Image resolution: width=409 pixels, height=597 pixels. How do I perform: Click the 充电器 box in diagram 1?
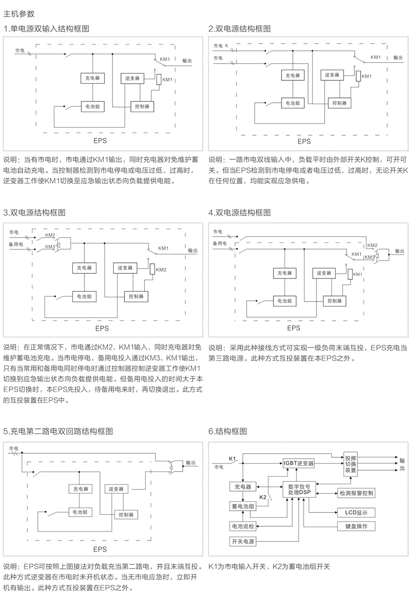click(92, 78)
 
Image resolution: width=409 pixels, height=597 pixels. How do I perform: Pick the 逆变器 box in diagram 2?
click(332, 75)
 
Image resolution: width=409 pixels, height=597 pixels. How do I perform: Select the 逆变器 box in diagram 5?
click(116, 488)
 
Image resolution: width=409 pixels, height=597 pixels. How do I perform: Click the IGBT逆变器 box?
click(298, 463)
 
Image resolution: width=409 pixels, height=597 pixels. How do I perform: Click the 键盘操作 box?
click(356, 526)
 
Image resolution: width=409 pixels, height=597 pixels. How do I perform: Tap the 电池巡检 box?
click(243, 526)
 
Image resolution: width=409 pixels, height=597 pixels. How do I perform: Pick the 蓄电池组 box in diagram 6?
click(243, 507)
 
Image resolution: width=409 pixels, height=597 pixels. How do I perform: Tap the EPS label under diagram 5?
click(100, 549)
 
